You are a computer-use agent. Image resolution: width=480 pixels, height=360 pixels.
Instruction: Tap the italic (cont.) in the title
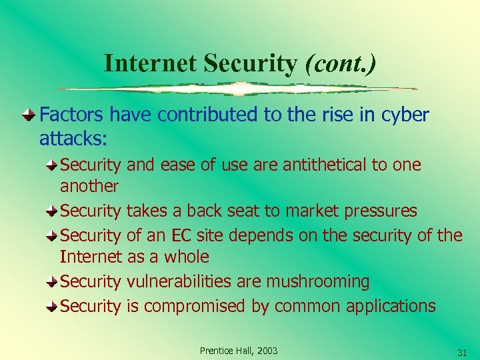[340, 63]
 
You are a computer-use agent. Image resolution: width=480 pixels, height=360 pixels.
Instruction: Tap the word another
[89, 186]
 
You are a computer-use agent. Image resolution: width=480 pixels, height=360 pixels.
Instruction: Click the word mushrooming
[317, 281]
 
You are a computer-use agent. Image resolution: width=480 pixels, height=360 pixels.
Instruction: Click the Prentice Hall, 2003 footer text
[239, 351]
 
